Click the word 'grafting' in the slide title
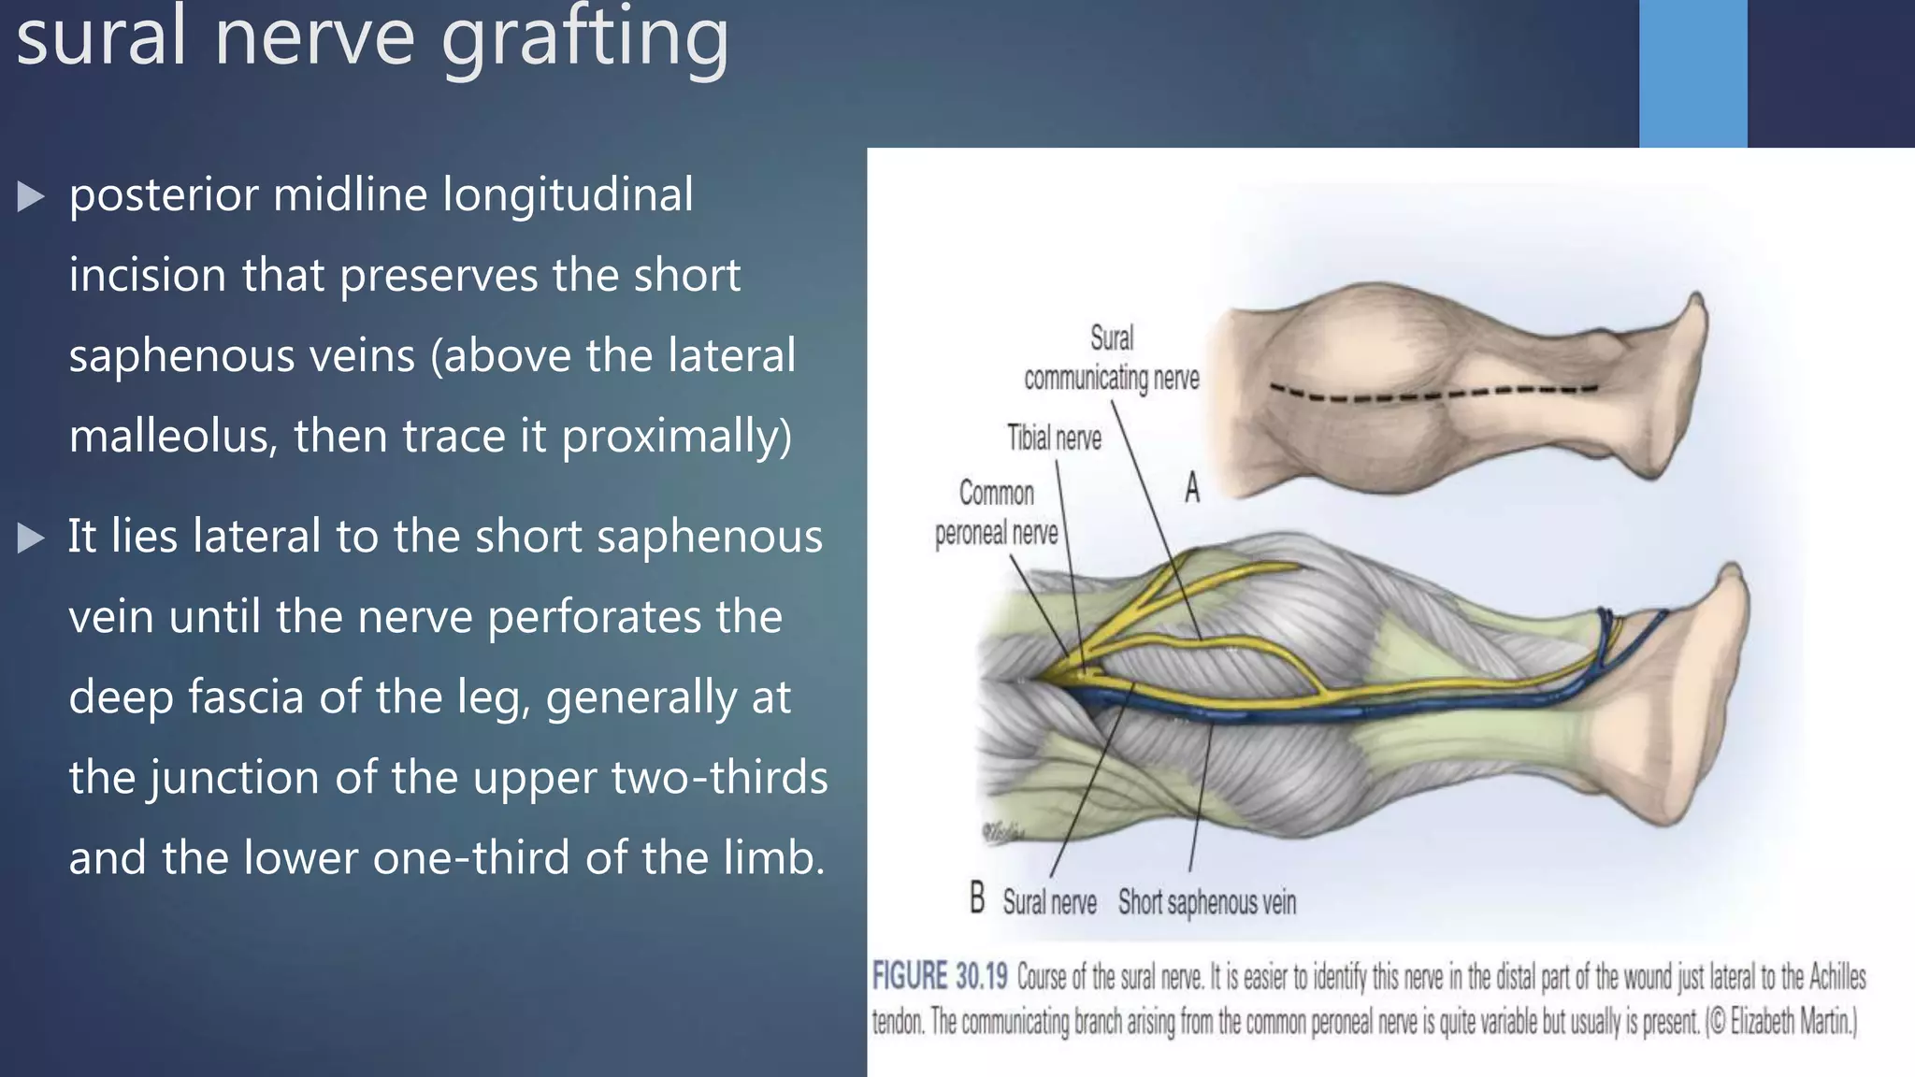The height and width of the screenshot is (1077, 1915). [x=584, y=39]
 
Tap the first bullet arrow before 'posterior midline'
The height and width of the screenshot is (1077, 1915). [x=31, y=196]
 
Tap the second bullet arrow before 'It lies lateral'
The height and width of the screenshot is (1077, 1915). [x=31, y=538]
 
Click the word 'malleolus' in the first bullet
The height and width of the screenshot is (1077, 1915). [x=173, y=437]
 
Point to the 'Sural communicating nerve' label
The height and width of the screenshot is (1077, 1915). [x=1111, y=359]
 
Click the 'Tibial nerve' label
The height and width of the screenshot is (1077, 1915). [x=1054, y=438]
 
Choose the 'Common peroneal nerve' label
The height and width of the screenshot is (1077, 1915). [x=997, y=513]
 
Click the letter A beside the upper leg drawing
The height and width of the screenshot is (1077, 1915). [x=1192, y=488]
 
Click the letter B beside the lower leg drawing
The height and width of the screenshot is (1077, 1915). [x=977, y=898]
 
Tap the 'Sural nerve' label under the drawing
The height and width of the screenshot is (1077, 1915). [x=1049, y=903]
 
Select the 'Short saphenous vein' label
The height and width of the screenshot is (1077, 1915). [x=1206, y=903]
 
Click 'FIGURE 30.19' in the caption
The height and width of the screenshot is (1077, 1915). [x=939, y=977]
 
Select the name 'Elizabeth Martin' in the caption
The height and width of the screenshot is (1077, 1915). [x=1788, y=1022]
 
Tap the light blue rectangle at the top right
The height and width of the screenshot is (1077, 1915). [x=1692, y=73]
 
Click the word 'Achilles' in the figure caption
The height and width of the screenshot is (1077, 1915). [x=1836, y=977]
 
